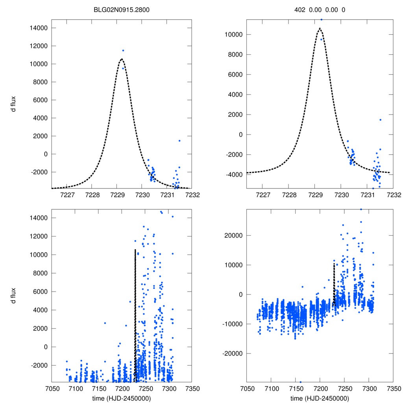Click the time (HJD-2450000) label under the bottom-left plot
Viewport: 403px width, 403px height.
pyautogui.click(x=122, y=398)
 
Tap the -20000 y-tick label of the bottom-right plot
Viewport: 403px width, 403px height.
pyautogui.click(x=232, y=353)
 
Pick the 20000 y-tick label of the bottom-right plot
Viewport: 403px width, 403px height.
pyautogui.click(x=233, y=235)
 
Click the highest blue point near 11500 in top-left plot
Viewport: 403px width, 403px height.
pyautogui.click(x=123, y=50)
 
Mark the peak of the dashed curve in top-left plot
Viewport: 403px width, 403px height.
pyautogui.click(x=122, y=59)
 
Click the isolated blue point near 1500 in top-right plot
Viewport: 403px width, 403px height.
pyautogui.click(x=380, y=120)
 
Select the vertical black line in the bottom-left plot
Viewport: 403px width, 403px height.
pyautogui.click(x=135, y=315)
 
